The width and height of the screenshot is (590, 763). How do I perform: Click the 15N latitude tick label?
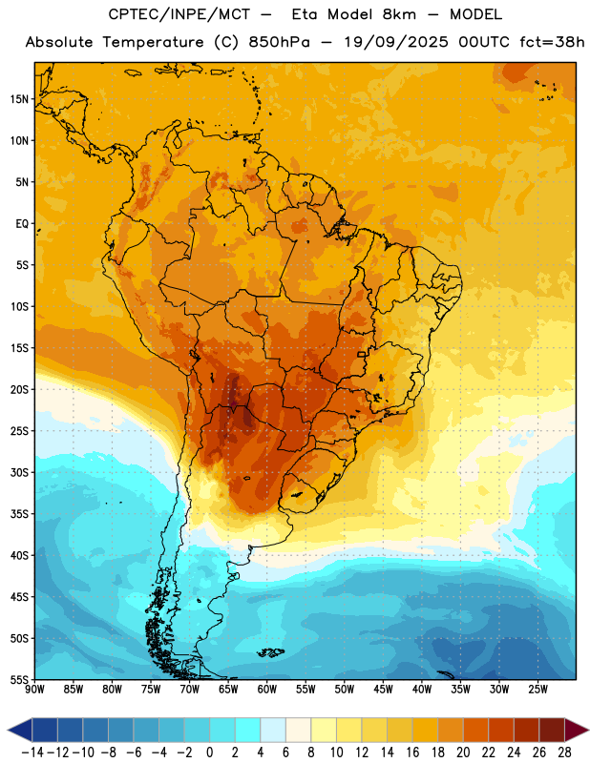[x=19, y=99]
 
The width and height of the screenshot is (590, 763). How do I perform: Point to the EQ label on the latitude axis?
[x=22, y=224]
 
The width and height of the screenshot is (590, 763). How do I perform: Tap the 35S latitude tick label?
[x=19, y=514]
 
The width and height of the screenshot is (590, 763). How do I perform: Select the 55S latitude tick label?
[x=19, y=679]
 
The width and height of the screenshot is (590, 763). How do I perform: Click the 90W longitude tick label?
[x=35, y=689]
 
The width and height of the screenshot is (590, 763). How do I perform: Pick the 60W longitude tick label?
[x=267, y=689]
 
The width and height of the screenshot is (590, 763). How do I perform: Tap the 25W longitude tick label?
[x=537, y=689]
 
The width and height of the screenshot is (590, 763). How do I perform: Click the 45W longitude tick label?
[x=383, y=689]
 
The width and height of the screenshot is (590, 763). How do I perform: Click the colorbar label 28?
[x=564, y=753]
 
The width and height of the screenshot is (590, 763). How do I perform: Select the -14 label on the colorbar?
[x=32, y=753]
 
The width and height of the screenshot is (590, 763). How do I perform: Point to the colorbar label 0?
[x=210, y=753]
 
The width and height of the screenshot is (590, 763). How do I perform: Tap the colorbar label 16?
[x=412, y=753]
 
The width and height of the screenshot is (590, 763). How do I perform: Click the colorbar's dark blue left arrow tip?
[x=8, y=731]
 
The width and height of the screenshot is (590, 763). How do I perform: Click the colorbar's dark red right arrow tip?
[x=588, y=731]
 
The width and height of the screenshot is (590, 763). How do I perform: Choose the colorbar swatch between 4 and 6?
[x=273, y=731]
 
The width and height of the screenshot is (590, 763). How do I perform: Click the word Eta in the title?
[x=304, y=14]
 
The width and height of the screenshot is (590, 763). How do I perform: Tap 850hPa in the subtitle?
[x=279, y=42]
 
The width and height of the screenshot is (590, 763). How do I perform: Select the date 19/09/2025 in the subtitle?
[x=396, y=42]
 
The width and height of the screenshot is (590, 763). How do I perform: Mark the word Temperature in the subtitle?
[x=153, y=42]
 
